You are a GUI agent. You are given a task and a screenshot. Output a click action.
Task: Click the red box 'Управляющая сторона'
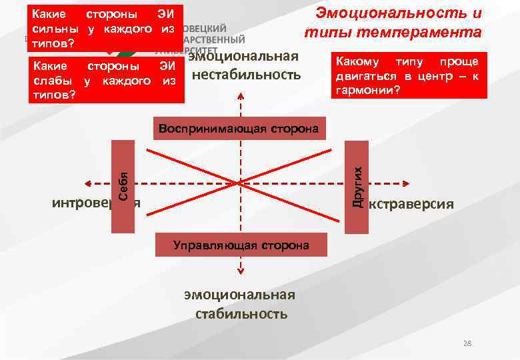point(241,245)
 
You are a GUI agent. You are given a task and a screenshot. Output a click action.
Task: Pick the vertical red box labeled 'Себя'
point(123,186)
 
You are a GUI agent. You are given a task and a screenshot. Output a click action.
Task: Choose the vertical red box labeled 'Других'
point(358,186)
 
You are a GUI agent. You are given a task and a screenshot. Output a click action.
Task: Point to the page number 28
point(467,343)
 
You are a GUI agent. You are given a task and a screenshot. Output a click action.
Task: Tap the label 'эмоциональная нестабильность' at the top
point(247,65)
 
